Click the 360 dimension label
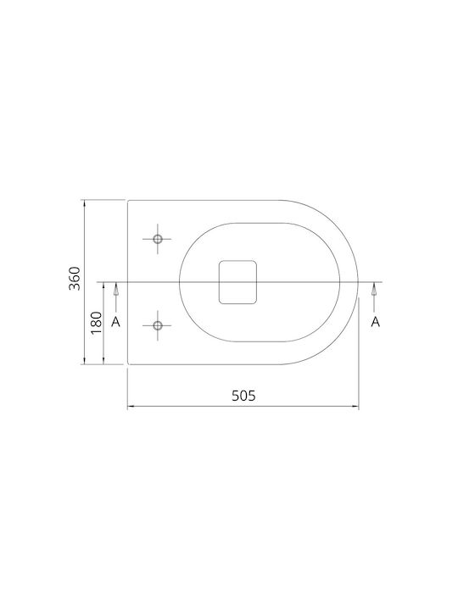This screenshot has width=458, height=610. [x=74, y=278]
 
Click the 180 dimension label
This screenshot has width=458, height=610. [x=96, y=323]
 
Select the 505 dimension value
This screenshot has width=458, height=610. [x=243, y=396]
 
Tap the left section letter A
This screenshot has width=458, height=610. [x=115, y=322]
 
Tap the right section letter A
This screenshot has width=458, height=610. [x=375, y=322]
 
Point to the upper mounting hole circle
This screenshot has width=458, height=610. [x=158, y=239]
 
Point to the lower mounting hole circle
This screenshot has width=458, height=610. [x=158, y=325]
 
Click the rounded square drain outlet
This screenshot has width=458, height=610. [x=238, y=282]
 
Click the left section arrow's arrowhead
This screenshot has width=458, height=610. [x=115, y=288]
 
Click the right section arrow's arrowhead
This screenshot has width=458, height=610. [x=374, y=288]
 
